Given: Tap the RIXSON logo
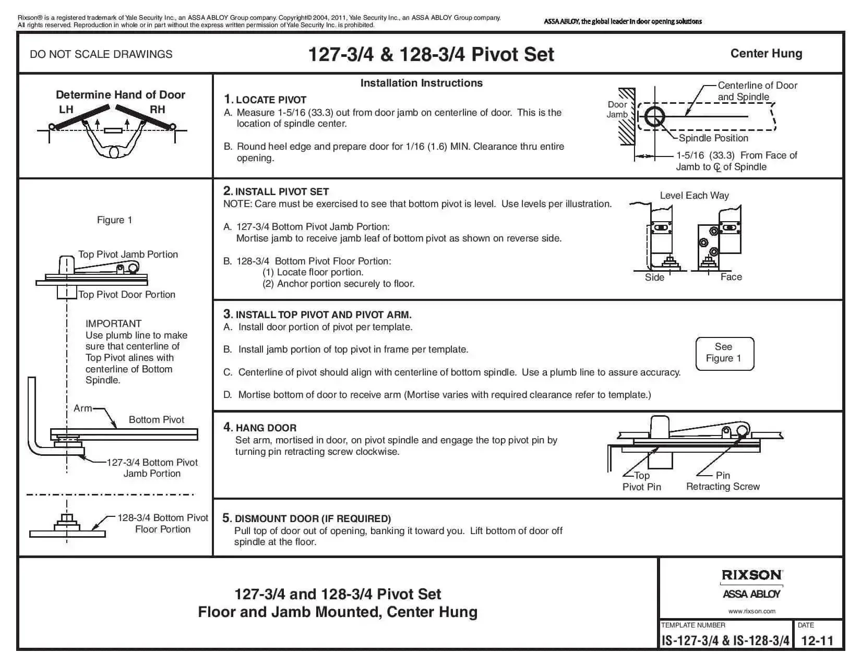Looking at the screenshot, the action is tap(751, 575).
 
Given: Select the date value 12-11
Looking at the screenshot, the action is tap(817, 640).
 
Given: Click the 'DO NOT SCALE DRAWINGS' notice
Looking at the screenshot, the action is tap(101, 54).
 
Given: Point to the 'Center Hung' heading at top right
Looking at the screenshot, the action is tap(766, 54).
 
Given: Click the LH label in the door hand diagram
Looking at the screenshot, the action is tap(66, 110).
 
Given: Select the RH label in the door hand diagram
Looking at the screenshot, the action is tap(157, 110).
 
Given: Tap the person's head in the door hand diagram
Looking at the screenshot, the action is tap(114, 152).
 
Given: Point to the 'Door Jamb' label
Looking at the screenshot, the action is tap(617, 110).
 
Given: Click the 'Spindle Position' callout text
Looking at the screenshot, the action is tap(713, 138).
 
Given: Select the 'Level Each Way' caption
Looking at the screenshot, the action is tap(694, 196).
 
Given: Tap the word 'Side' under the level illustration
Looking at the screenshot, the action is tap(654, 277).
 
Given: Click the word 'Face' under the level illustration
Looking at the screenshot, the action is tap(731, 277).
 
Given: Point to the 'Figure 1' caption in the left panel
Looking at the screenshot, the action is tap(114, 220).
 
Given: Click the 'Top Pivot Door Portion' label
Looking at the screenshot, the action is tap(127, 295).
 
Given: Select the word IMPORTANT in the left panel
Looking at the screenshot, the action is tap(113, 323).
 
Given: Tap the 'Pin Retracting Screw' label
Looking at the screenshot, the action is tap(723, 481).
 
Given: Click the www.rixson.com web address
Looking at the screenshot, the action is tap(751, 611).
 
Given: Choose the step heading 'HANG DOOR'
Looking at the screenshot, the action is tap(266, 428).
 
